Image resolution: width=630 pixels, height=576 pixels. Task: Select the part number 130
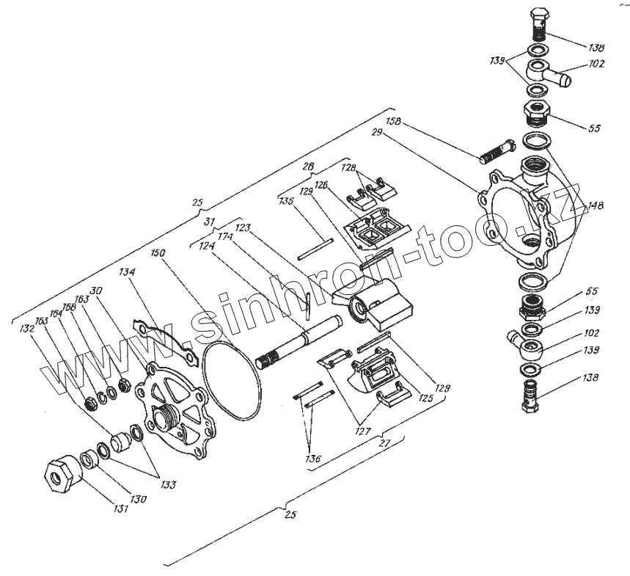(x=138, y=499)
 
